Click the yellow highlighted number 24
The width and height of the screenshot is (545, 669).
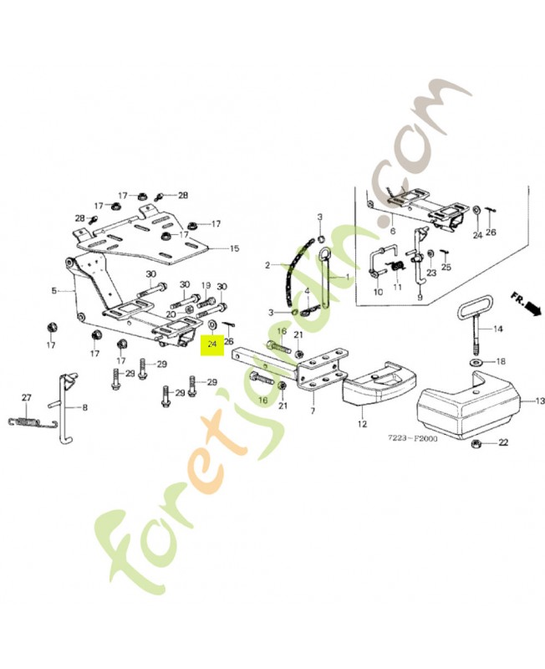(211, 342)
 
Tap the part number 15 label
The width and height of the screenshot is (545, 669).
(235, 248)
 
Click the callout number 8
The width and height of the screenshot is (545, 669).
(83, 407)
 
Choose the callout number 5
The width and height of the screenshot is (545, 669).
(53, 291)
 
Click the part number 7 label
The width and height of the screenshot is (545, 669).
(312, 412)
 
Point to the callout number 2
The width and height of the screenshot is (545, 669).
(268, 266)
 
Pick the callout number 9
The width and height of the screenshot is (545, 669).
(420, 296)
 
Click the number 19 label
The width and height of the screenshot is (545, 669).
(206, 285)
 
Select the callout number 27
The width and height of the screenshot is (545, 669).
(26, 397)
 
